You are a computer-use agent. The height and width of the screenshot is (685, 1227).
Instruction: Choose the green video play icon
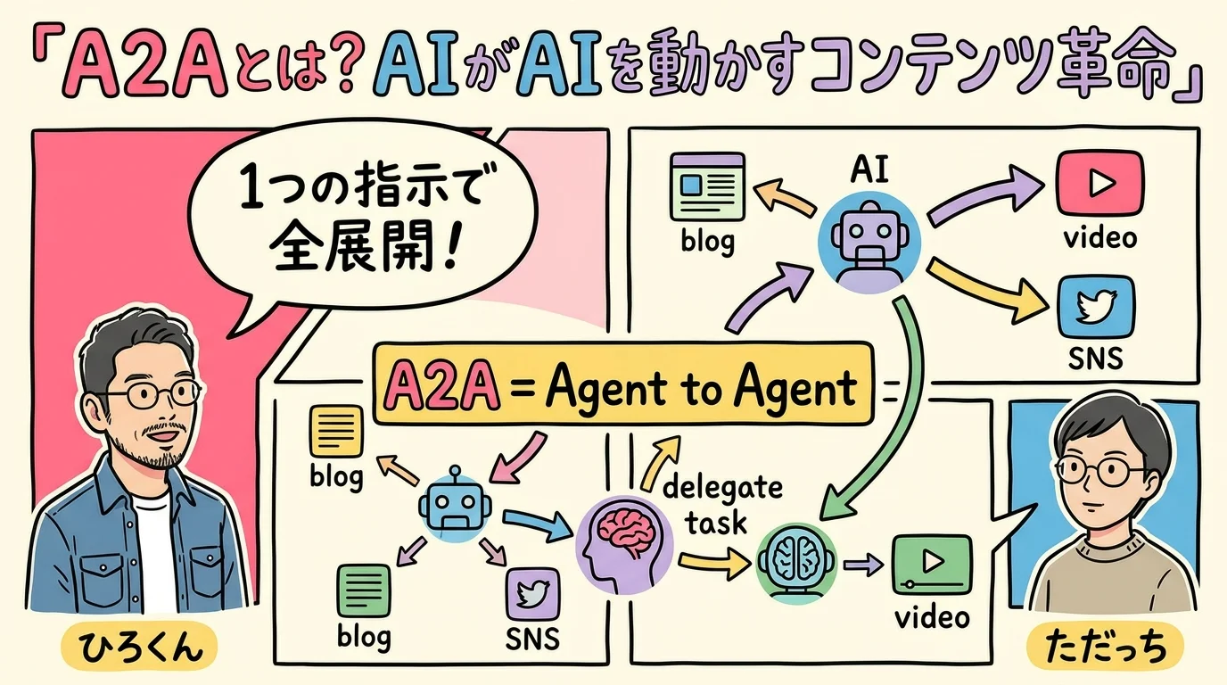(933, 563)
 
